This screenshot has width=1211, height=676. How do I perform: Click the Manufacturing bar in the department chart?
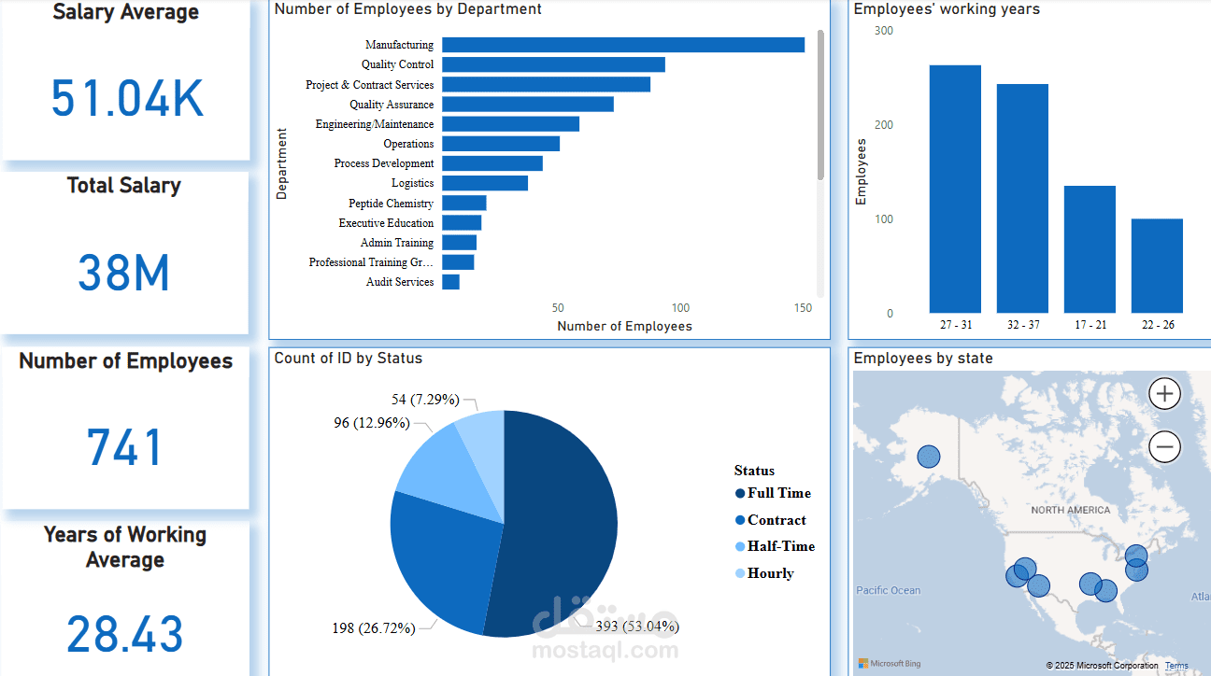click(x=622, y=45)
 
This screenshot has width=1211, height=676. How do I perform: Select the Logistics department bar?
click(x=484, y=183)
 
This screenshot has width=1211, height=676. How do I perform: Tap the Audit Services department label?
click(x=399, y=282)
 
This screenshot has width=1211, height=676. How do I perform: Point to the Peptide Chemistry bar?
click(x=463, y=203)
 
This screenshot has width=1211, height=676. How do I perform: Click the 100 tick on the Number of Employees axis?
click(x=680, y=308)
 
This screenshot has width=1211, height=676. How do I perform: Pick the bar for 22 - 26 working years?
click(x=1157, y=266)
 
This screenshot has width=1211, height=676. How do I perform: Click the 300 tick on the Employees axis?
click(x=883, y=31)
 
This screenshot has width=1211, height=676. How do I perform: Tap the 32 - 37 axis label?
click(x=1022, y=325)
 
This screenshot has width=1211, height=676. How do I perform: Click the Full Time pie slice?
click(x=561, y=523)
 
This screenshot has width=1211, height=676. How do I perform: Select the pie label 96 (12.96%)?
click(x=371, y=423)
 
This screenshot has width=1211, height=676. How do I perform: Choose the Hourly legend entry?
click(x=770, y=573)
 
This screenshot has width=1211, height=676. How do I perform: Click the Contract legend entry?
click(x=776, y=520)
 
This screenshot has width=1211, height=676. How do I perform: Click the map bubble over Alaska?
click(x=929, y=457)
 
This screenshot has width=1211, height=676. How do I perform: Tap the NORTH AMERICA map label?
click(x=1070, y=511)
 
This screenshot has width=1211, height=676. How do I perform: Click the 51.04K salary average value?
click(x=127, y=99)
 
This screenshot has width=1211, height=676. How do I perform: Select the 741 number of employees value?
click(x=125, y=447)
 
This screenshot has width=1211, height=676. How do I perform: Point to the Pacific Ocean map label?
click(x=888, y=590)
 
